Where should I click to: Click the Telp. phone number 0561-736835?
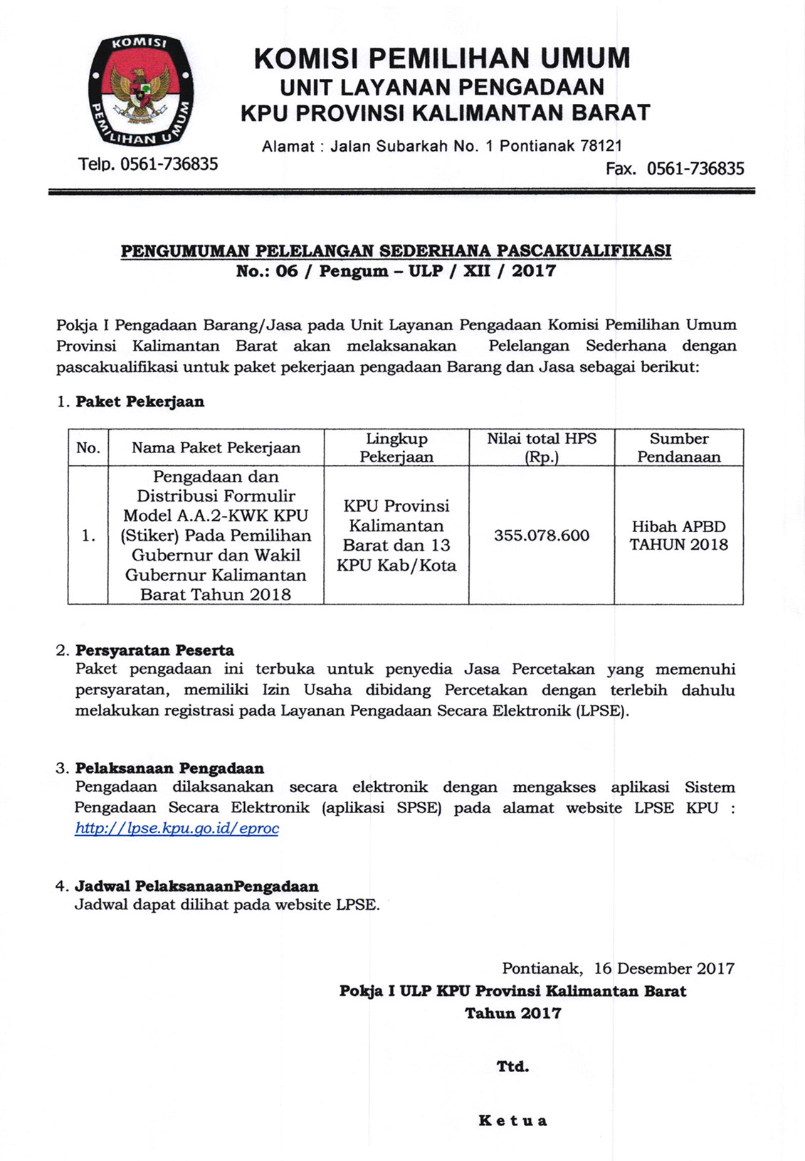pyautogui.click(x=169, y=164)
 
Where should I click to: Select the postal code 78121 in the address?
pyautogui.click(x=601, y=146)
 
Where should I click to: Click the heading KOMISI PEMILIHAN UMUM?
pyautogui.click(x=442, y=58)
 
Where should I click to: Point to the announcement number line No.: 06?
pyautogui.click(x=396, y=271)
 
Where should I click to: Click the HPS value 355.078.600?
pyautogui.click(x=542, y=536)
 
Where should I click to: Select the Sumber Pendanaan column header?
pyautogui.click(x=678, y=447)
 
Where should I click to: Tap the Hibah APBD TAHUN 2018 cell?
pyautogui.click(x=678, y=536)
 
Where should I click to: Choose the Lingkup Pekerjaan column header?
pyautogui.click(x=396, y=447)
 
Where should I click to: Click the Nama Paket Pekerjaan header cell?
pyautogui.click(x=216, y=447)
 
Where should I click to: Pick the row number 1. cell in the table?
pyautogui.click(x=88, y=536)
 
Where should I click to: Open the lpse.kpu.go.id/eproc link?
pyautogui.click(x=177, y=828)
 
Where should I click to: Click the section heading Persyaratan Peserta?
pyautogui.click(x=154, y=650)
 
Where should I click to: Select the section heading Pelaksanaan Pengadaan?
pyautogui.click(x=169, y=768)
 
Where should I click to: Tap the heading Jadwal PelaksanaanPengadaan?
pyautogui.click(x=196, y=886)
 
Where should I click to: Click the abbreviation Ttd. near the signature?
pyautogui.click(x=512, y=1066)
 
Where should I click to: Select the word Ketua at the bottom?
pyautogui.click(x=512, y=1121)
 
